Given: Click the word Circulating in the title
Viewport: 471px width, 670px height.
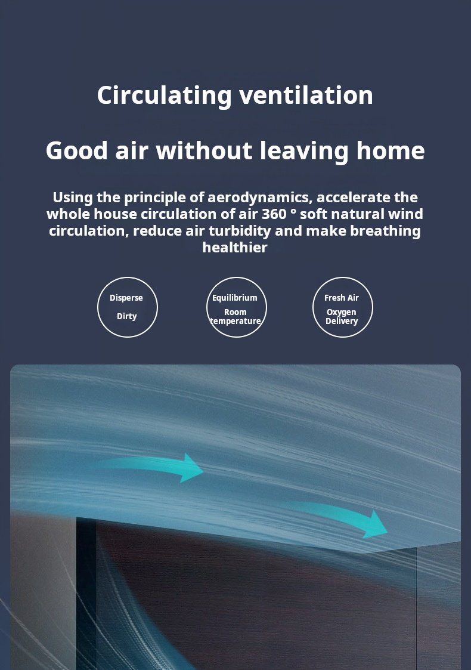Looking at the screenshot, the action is point(165,95).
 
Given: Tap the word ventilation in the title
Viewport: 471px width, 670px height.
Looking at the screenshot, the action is point(306,95).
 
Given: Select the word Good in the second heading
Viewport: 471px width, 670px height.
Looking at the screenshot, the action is point(76,151).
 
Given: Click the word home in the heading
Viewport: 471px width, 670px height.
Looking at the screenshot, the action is point(391,151).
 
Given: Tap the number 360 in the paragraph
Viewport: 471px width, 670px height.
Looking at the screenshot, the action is point(274,214).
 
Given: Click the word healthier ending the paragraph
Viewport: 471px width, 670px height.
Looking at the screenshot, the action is point(235,248).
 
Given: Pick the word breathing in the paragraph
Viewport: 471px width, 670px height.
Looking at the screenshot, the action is point(385,231).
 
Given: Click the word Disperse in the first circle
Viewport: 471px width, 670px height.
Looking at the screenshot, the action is point(126,298).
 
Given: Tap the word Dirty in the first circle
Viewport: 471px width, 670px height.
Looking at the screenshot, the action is point(127,316).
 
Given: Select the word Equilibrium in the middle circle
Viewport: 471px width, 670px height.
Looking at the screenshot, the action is point(235,298).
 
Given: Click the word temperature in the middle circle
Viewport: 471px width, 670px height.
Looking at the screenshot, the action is point(235,322).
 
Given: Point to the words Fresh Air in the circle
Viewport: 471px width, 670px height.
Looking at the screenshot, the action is point(341,298).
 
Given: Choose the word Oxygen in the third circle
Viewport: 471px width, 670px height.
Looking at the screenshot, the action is point(341,313).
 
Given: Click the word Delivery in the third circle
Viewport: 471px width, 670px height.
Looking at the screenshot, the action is point(342,322).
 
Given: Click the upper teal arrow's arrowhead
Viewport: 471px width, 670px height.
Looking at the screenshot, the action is point(192,468).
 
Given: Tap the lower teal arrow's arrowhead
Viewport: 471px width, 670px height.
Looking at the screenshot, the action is point(375,524).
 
